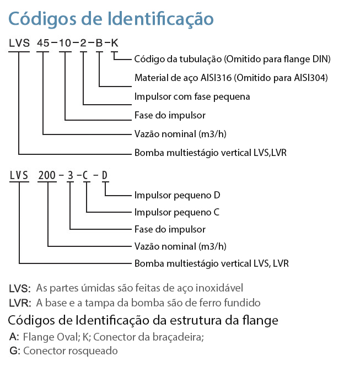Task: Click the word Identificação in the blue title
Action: [x=160, y=19]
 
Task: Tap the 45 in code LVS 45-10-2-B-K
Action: [x=43, y=43]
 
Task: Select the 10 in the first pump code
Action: [x=65, y=43]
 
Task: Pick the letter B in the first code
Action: [x=99, y=43]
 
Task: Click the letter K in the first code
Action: [x=115, y=43]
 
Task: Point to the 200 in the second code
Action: [x=47, y=175]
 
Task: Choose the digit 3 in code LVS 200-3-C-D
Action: [x=70, y=175]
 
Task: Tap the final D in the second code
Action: [x=105, y=175]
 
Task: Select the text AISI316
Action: [x=216, y=78]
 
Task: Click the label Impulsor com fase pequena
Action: [x=192, y=97]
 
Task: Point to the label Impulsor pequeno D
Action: [x=178, y=195]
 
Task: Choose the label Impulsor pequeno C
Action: [x=177, y=212]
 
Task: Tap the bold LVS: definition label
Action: [x=20, y=288]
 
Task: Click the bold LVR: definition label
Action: [x=20, y=303]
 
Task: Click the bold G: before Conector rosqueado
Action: [x=15, y=351]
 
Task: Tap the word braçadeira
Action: [x=178, y=337]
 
